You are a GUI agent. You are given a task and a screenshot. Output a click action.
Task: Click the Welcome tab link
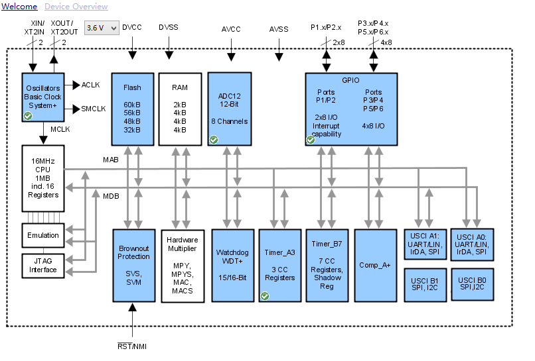[x=19, y=7]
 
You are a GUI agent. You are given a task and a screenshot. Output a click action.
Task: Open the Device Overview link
[x=76, y=7]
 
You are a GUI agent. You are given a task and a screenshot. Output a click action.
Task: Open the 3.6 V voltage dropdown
[x=102, y=28]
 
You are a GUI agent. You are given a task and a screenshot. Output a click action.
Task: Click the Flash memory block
[x=132, y=109]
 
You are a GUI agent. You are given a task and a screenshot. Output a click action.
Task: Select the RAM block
[x=180, y=109]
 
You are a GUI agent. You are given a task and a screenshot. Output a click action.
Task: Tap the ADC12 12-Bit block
[x=230, y=109]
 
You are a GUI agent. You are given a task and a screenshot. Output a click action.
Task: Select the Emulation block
[x=42, y=235]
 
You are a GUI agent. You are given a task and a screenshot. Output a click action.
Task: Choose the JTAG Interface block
[x=42, y=265]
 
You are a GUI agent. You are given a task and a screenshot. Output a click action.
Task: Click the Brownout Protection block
[x=133, y=265]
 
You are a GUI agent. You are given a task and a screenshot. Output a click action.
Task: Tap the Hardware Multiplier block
[x=183, y=265]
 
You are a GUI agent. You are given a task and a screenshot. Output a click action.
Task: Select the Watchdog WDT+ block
[x=232, y=265]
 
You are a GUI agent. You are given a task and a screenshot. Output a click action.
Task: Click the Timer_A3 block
[x=279, y=265]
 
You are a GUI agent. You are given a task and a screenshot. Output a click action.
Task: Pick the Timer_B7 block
[x=327, y=265]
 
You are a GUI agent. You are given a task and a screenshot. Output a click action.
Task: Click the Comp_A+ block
[x=375, y=265]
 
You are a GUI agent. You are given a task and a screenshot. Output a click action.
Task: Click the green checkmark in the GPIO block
[x=311, y=140]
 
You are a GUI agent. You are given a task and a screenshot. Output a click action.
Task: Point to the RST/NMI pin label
[x=133, y=346]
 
